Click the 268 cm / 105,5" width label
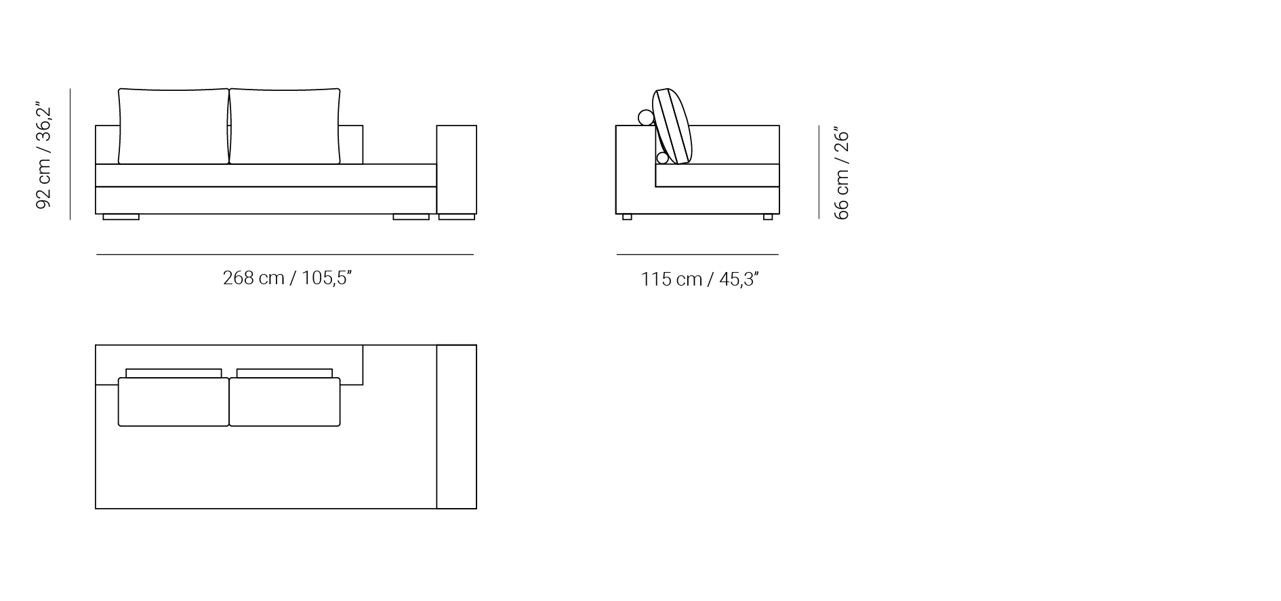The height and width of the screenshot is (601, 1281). pos(287,278)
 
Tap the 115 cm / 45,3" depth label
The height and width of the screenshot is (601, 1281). pos(699,279)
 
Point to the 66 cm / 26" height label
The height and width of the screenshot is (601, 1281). pos(841,173)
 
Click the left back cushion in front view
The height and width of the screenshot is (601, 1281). pos(174,126)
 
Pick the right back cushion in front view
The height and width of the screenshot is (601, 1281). pos(285,126)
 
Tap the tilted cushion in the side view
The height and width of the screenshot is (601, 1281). pos(673,127)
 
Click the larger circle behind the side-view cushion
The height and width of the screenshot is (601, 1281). pos(646,118)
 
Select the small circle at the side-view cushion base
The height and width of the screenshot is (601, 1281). pos(662,158)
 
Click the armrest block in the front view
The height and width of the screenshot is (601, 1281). pos(457,170)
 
